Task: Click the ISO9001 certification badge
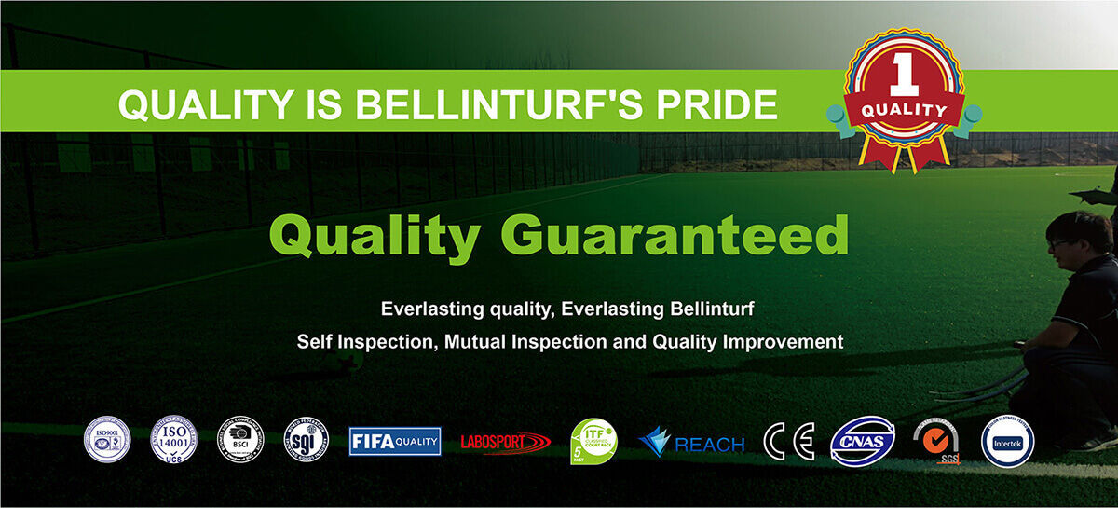tap(107, 439)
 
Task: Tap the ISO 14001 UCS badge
tap(174, 439)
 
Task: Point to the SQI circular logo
tap(306, 439)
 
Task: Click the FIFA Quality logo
tap(395, 441)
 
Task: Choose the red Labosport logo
tap(506, 442)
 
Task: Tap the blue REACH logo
tap(691, 442)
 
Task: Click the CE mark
tap(788, 441)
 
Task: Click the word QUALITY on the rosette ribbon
tap(904, 111)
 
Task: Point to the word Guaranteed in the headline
tap(682, 236)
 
